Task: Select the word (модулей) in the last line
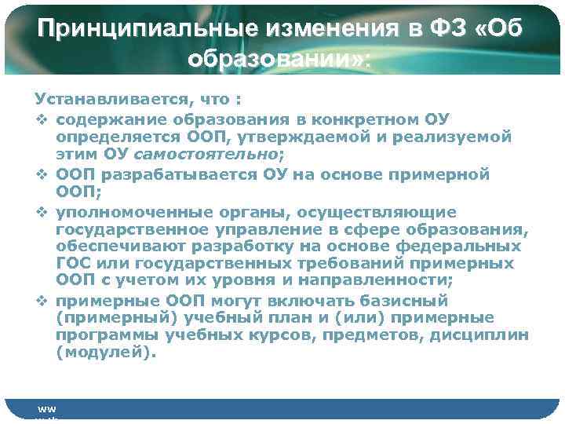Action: tap(100, 352)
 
